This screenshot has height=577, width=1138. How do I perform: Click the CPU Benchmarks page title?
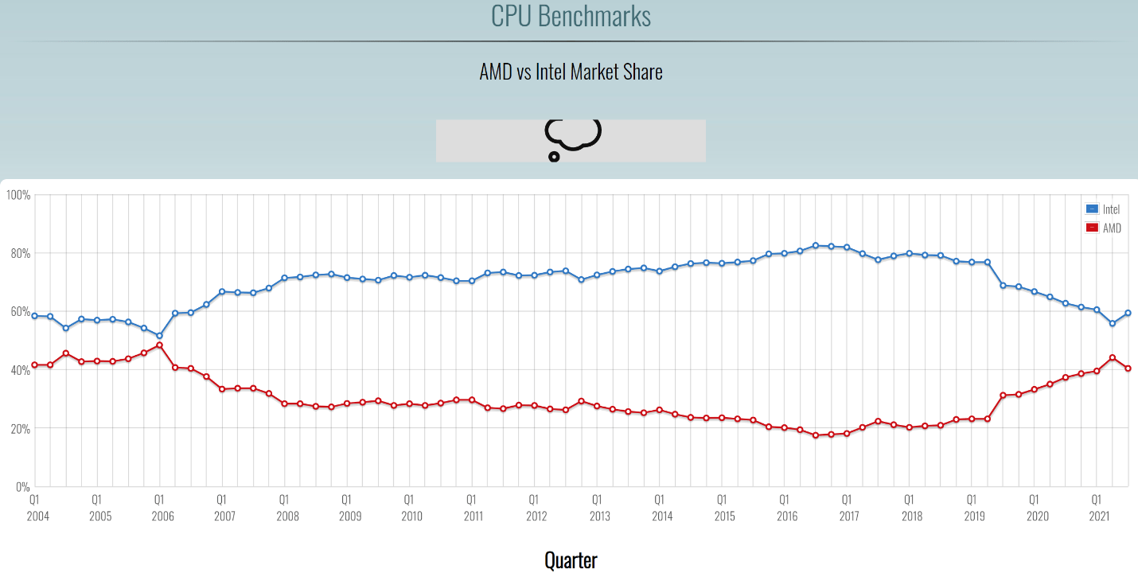point(571,16)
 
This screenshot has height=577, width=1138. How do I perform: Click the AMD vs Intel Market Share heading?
point(571,72)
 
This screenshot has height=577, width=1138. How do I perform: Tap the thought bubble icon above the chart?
point(571,138)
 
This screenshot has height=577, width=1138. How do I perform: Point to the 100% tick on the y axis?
point(18,195)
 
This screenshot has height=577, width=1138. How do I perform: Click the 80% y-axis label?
point(19,253)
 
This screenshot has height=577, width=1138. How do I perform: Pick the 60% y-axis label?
point(19,311)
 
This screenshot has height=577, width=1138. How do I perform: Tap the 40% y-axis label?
point(19,370)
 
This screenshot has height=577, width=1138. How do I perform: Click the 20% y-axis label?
point(19,428)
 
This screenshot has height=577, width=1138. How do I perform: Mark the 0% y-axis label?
point(21,486)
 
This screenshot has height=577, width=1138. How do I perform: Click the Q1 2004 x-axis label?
point(34,508)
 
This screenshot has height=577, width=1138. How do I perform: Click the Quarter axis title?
point(571,559)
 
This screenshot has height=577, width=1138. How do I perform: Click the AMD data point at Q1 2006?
point(159,345)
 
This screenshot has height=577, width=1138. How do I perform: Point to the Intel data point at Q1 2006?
point(159,336)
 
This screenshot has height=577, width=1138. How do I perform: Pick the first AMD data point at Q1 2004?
point(34,365)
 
